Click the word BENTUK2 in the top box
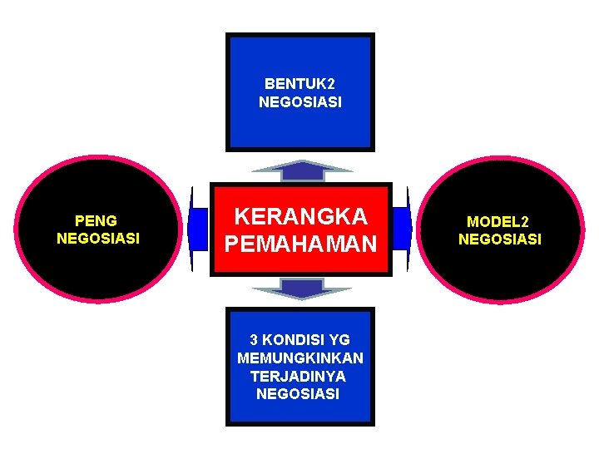click(x=299, y=84)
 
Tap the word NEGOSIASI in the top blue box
click(x=299, y=102)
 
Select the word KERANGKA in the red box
click(x=300, y=217)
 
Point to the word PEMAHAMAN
click(x=300, y=244)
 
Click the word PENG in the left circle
click(x=96, y=221)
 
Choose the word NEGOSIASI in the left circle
click(x=98, y=239)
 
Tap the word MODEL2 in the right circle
click(x=498, y=222)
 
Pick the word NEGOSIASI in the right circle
click(x=499, y=239)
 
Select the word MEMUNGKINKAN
click(x=300, y=358)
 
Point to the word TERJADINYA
click(x=298, y=376)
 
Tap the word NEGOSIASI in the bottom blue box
click(x=298, y=394)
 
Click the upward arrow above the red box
click(x=300, y=169)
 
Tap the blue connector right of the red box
click(x=402, y=229)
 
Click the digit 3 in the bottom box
click(x=255, y=340)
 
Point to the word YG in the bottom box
click(x=339, y=340)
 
